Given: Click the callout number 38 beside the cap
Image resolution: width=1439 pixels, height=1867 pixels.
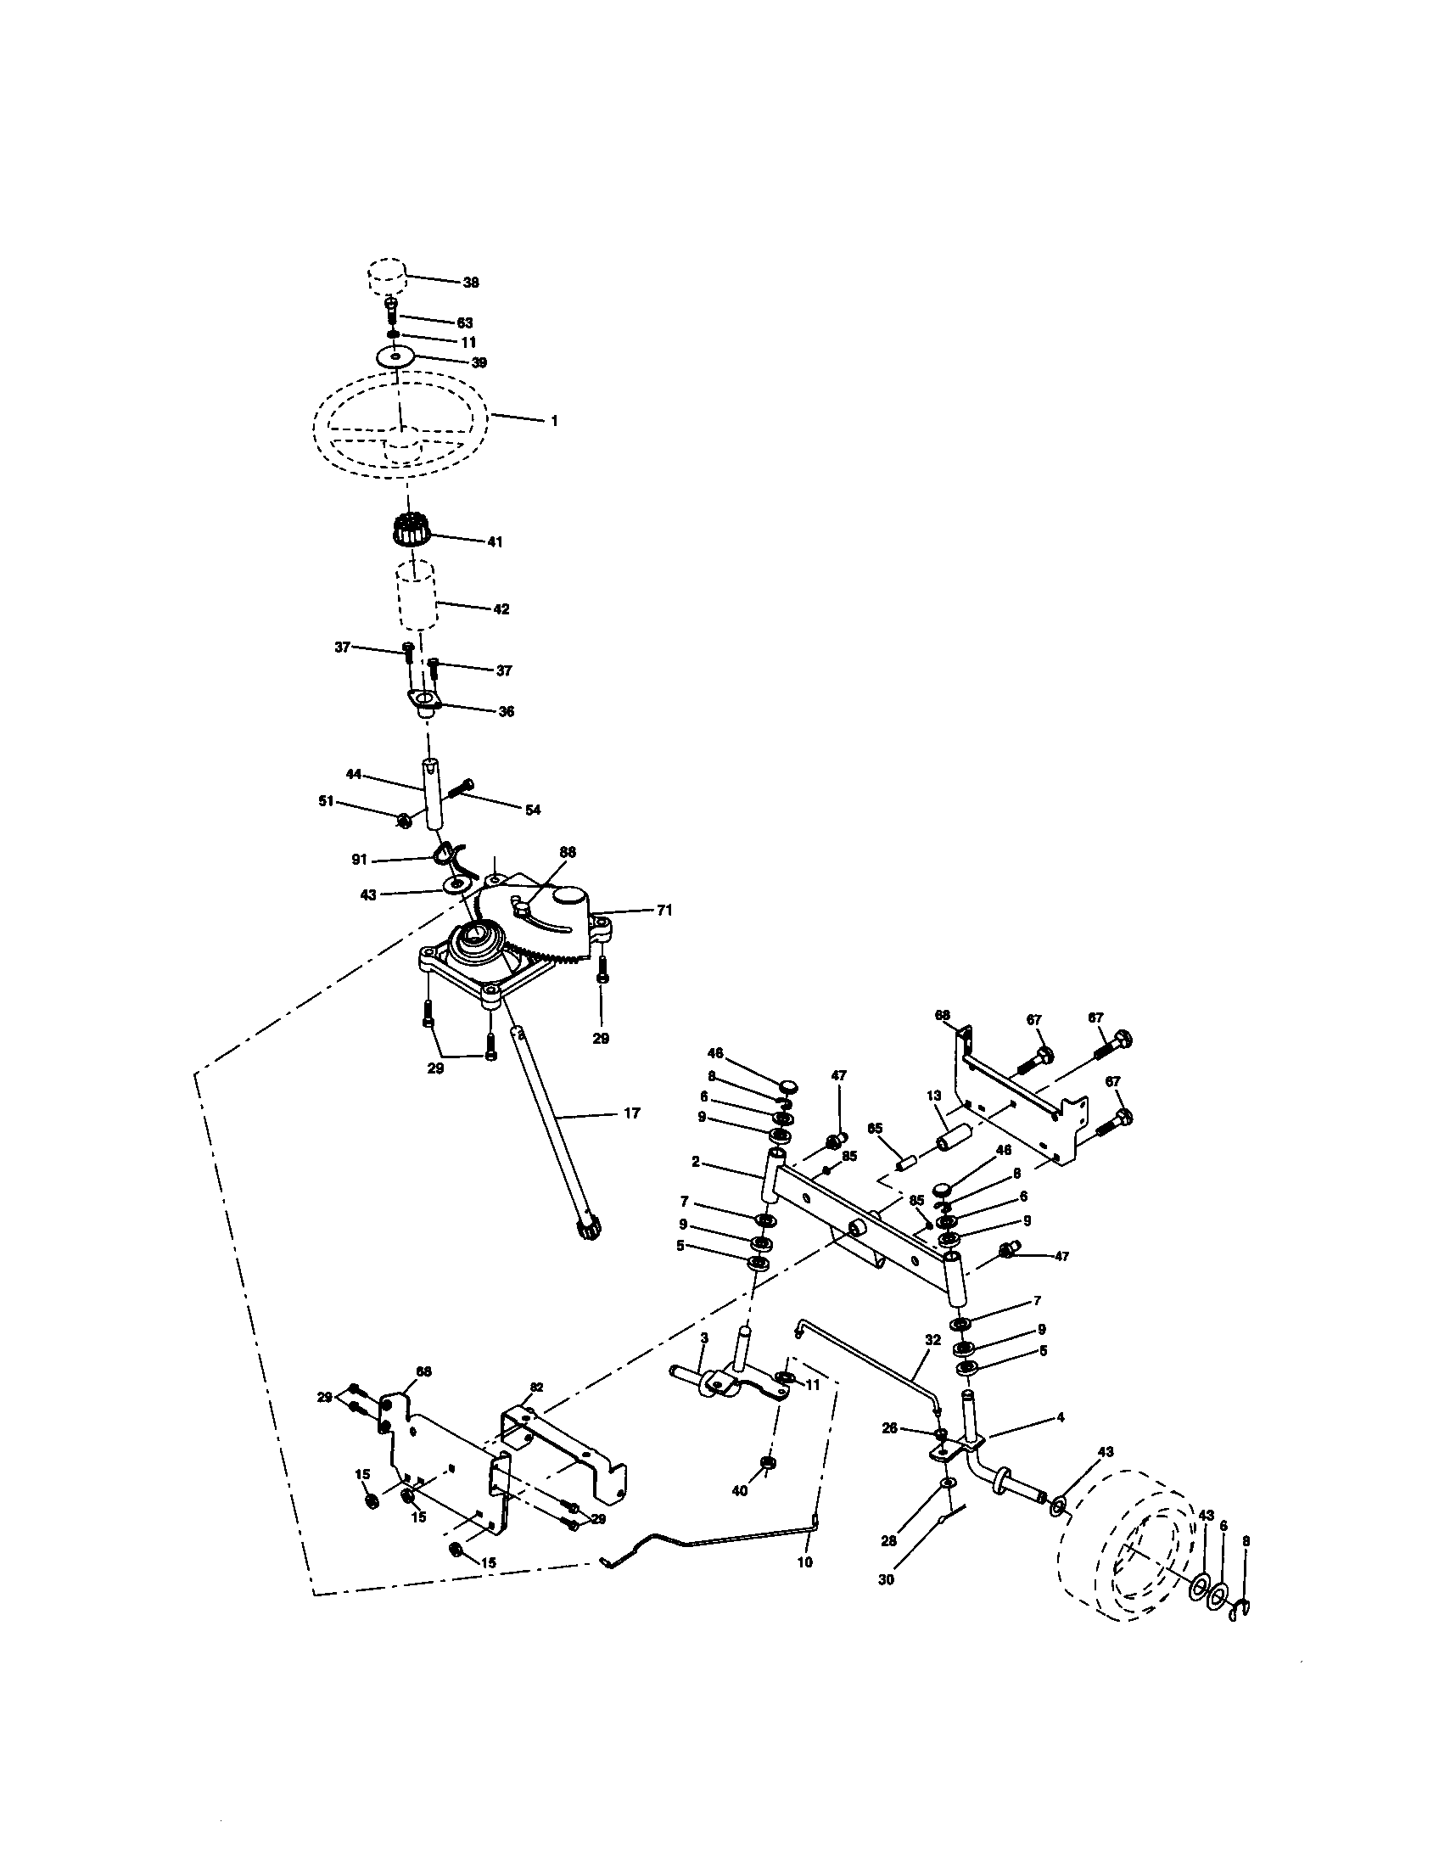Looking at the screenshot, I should [x=471, y=283].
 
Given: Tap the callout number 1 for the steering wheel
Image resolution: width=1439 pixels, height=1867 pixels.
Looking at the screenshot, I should [x=554, y=422].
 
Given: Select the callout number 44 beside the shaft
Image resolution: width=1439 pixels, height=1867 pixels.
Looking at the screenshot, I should [x=354, y=774].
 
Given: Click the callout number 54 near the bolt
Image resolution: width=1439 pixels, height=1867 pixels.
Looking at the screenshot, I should [x=532, y=810].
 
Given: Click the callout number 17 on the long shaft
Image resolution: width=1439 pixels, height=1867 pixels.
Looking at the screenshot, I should [x=631, y=1113].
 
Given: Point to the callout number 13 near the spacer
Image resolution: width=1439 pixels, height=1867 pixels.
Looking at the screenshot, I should [x=933, y=1096].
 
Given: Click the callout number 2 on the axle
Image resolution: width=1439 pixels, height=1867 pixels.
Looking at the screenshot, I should [x=697, y=1162].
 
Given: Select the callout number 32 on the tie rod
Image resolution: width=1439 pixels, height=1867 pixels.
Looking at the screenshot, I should [x=932, y=1339].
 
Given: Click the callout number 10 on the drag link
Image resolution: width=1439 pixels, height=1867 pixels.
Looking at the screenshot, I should [x=804, y=1561].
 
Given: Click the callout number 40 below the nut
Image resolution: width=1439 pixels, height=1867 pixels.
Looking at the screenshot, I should [x=740, y=1490].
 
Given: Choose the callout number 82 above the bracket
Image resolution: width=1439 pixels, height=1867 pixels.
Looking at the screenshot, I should [x=535, y=1386].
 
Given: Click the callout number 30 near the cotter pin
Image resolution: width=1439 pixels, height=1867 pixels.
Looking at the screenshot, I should [x=886, y=1580].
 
